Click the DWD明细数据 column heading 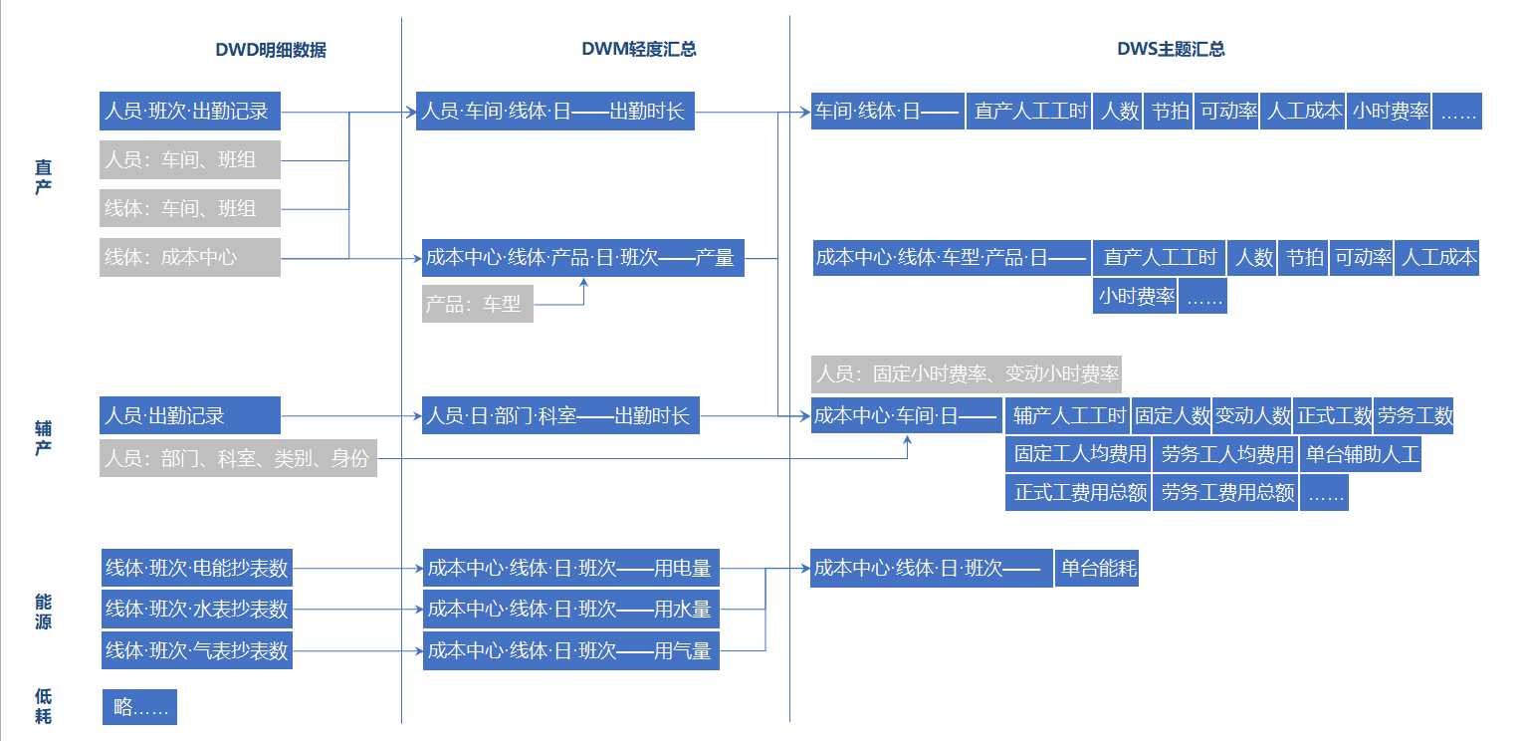point(271,50)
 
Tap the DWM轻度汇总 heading point(639,49)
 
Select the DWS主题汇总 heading point(1171,49)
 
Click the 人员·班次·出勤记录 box point(190,111)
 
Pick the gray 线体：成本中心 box point(190,257)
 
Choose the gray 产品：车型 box point(477,304)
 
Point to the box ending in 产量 point(581,258)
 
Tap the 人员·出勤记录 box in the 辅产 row point(190,415)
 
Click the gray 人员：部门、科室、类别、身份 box point(238,458)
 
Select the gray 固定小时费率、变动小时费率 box point(966,374)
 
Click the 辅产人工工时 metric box point(1069,415)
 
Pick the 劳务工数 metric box point(1415,415)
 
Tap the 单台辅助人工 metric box point(1361,454)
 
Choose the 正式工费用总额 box point(1079,492)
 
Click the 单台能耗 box point(1096,569)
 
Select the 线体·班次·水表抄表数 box point(197,609)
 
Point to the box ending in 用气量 point(570,650)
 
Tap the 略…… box point(139,707)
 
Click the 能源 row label point(43,612)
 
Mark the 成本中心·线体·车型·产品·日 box point(951,258)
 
